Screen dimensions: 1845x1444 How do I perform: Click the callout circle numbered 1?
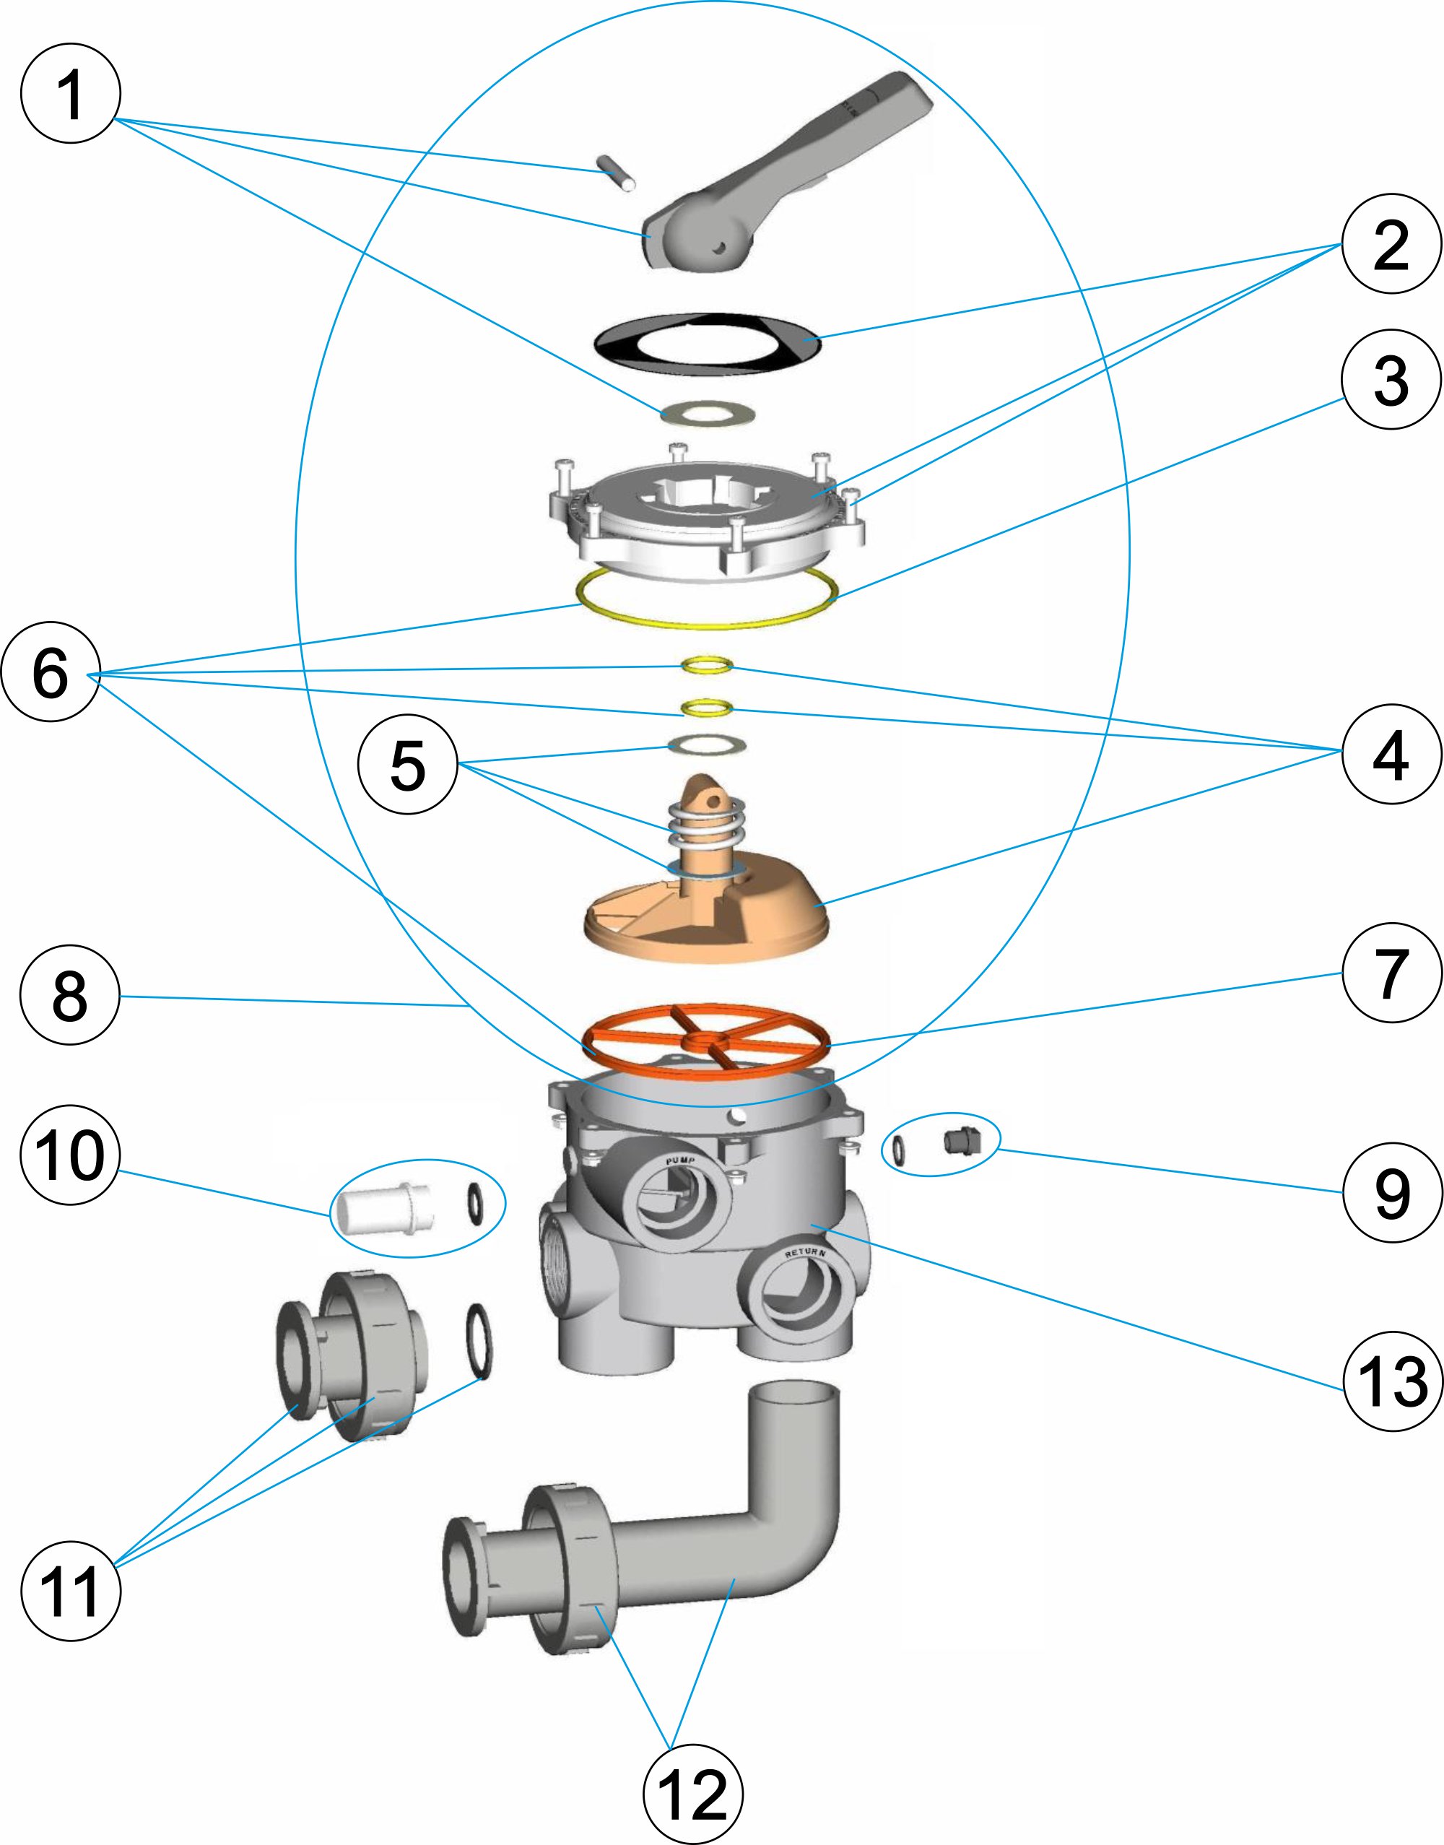(70, 93)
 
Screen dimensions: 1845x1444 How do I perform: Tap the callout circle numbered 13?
(1391, 1381)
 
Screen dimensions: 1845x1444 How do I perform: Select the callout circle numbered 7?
(1391, 973)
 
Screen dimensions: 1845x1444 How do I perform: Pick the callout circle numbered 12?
(693, 1794)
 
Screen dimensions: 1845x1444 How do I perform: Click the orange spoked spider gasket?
(707, 1040)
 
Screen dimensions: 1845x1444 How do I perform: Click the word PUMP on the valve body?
(681, 1161)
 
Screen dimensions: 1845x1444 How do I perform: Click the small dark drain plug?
(957, 1142)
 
